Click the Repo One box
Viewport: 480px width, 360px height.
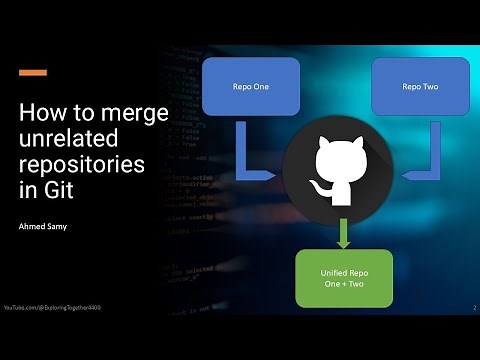pos(251,86)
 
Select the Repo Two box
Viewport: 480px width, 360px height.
pos(420,86)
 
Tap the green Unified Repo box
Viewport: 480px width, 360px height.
pos(343,278)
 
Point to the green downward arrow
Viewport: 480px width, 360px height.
pos(343,232)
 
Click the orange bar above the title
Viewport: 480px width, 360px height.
pos(33,72)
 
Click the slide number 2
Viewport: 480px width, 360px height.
pos(473,307)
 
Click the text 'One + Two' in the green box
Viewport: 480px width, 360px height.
pos(343,285)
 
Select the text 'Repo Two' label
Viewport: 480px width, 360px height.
pos(420,86)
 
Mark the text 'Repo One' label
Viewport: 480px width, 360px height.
pos(251,86)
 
